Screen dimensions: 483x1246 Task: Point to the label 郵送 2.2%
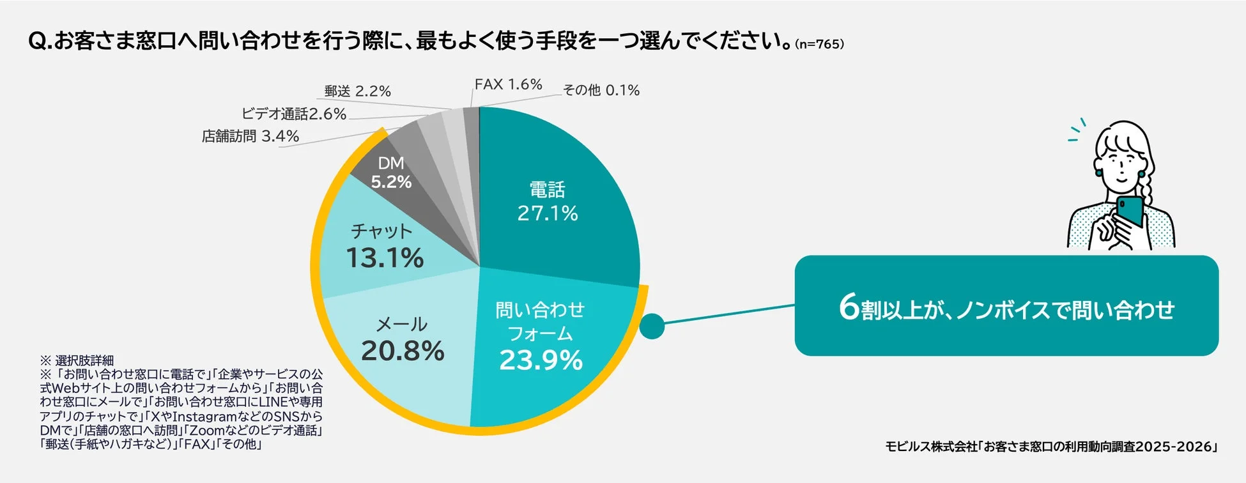click(357, 91)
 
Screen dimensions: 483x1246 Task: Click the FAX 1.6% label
click(508, 84)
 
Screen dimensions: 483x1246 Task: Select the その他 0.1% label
click(601, 90)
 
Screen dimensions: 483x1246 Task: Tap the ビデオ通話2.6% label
click(293, 114)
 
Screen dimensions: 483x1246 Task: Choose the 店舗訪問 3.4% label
click(250, 136)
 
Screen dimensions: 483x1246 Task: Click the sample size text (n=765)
click(819, 44)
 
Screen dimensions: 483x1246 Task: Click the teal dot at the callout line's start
click(652, 326)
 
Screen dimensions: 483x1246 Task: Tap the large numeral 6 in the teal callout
click(849, 307)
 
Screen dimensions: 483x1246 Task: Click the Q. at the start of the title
click(40, 42)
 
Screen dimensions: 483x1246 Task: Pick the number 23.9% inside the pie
click(541, 360)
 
